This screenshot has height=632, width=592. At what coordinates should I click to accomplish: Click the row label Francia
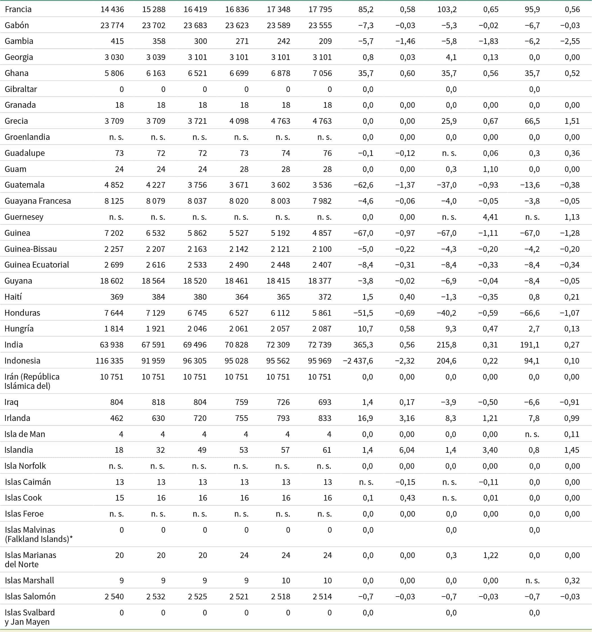click(x=18, y=9)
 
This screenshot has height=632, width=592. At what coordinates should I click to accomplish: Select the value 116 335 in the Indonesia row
click(x=109, y=361)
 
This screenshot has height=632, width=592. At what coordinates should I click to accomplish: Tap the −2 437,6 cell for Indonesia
click(x=358, y=361)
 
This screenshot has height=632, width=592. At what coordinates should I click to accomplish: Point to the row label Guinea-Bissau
click(x=30, y=249)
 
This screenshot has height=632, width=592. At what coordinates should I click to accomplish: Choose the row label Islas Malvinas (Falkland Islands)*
click(x=38, y=534)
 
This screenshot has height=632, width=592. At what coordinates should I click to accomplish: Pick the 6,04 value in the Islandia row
click(x=407, y=450)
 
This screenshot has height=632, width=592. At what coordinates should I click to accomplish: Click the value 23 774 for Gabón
click(x=112, y=25)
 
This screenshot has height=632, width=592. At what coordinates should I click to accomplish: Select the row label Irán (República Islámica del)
click(x=32, y=381)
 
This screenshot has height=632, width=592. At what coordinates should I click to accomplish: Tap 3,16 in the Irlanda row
click(x=407, y=418)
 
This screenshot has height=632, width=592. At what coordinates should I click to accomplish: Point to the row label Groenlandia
click(x=27, y=137)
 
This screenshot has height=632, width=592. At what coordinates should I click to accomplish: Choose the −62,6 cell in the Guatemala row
click(x=364, y=185)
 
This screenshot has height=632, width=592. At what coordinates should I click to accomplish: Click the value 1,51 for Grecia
click(x=572, y=121)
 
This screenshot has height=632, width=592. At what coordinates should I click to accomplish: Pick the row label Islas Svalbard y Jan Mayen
click(x=30, y=617)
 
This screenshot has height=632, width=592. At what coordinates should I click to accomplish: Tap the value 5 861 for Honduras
click(x=322, y=313)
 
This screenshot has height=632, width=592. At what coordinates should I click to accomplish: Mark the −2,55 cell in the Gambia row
click(x=570, y=41)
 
